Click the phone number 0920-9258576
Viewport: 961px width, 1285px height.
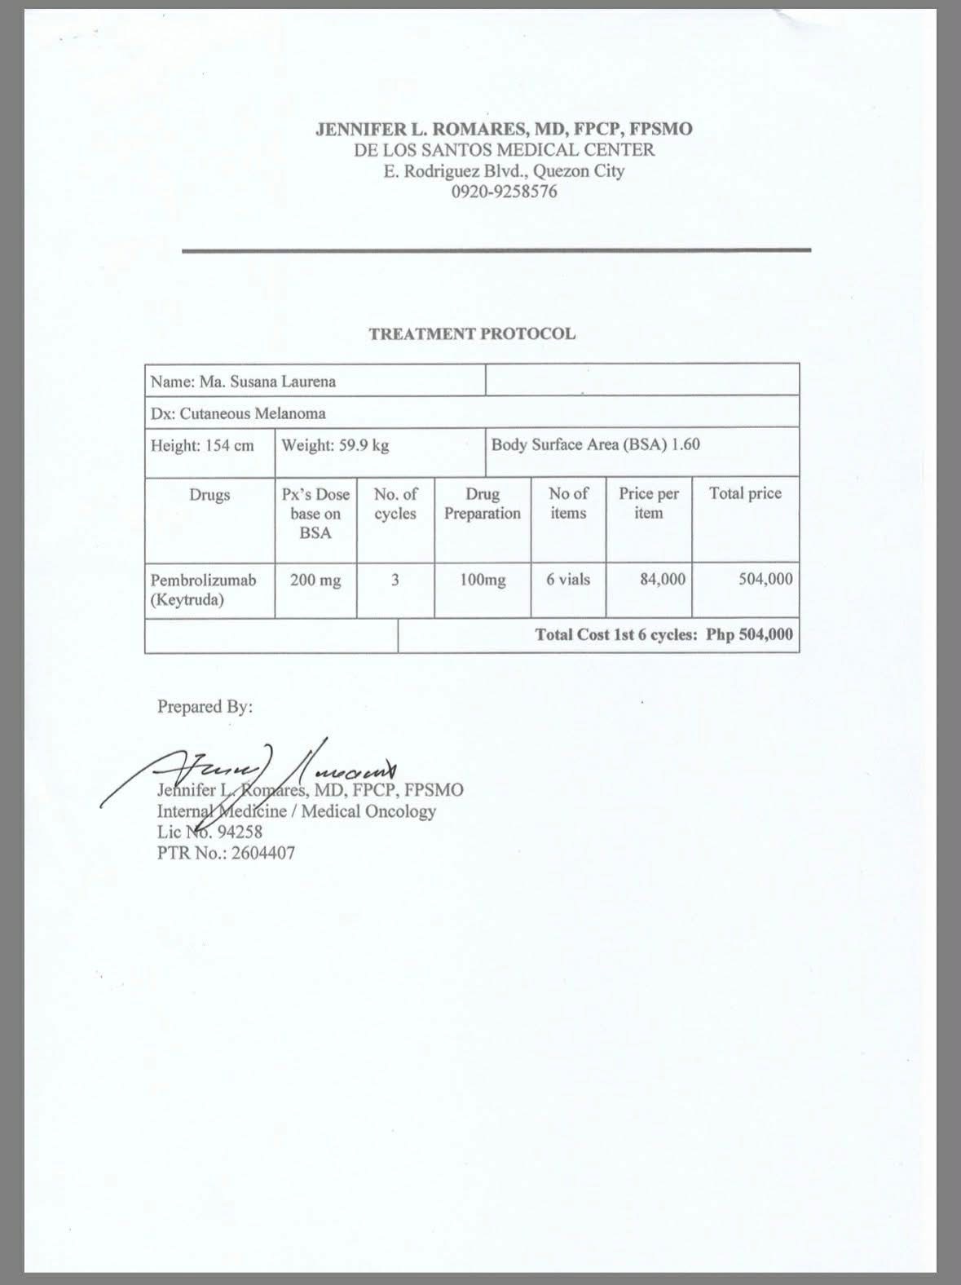(504, 192)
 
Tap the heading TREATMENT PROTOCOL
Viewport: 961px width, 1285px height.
(472, 333)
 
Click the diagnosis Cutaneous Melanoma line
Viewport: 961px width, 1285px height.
(238, 413)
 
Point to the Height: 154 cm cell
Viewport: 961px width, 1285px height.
(202, 446)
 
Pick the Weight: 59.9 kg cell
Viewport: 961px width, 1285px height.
(335, 445)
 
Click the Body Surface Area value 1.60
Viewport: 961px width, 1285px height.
(686, 444)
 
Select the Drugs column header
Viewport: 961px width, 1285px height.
(209, 495)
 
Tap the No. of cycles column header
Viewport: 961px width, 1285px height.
(395, 504)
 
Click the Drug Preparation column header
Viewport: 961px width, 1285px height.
(483, 504)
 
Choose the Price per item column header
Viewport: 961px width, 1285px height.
(649, 503)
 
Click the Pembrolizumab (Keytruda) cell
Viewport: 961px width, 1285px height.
(203, 590)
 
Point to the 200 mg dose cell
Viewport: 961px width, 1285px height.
(315, 581)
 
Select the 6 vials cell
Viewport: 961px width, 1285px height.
(568, 580)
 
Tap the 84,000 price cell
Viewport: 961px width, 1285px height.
(663, 580)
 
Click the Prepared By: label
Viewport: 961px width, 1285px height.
(205, 707)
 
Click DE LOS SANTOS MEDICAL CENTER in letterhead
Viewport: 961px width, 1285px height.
(504, 150)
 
